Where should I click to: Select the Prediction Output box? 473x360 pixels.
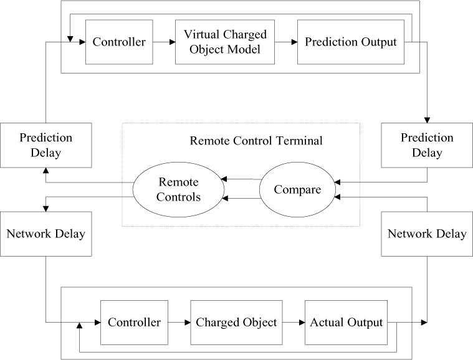[351, 42]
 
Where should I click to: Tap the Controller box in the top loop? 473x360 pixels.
[118, 42]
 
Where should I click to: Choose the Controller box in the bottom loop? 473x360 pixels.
[134, 323]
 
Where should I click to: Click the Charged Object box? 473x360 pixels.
[236, 323]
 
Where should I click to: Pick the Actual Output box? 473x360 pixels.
[344, 323]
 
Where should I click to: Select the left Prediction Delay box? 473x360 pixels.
[45, 145]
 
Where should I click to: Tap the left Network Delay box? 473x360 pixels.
[45, 234]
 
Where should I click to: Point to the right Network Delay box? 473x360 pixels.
[427, 234]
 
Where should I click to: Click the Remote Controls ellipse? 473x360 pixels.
[179, 189]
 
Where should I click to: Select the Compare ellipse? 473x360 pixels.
[297, 189]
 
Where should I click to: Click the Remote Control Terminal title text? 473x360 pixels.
[256, 141]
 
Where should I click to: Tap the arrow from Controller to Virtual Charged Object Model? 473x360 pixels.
[163, 42]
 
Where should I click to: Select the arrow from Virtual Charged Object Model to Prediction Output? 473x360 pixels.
[286, 42]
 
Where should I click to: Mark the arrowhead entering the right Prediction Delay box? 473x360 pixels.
[427, 120]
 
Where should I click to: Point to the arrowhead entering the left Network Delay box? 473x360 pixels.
[45, 208]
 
